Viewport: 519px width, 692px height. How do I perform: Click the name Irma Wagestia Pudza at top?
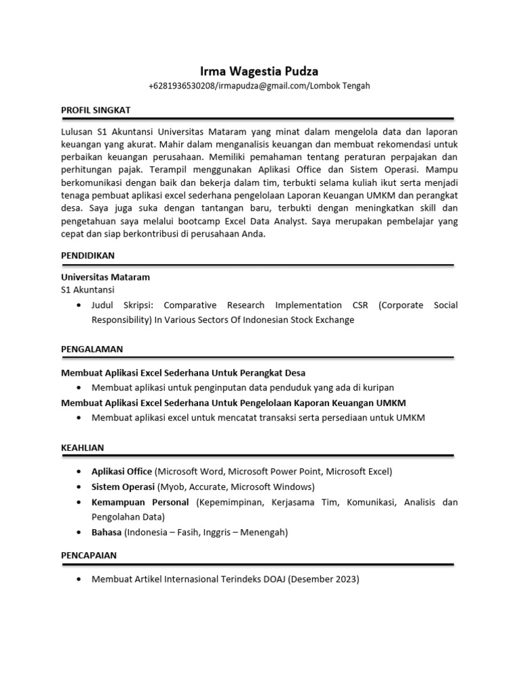pyautogui.click(x=259, y=71)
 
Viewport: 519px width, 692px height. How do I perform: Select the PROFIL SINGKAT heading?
pyautogui.click(x=95, y=109)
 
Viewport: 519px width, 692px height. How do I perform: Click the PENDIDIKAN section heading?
pyautogui.click(x=88, y=255)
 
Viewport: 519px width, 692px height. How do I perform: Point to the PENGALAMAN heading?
pyautogui.click(x=92, y=349)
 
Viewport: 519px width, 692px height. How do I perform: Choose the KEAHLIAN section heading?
pyautogui.click(x=82, y=447)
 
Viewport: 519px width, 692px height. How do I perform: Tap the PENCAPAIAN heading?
pyautogui.click(x=89, y=555)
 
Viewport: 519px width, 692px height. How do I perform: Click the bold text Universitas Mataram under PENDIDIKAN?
pyautogui.click(x=105, y=277)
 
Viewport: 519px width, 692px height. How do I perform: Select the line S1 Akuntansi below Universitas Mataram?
pyautogui.click(x=88, y=290)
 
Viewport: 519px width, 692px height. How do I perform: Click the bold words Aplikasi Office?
pyautogui.click(x=122, y=472)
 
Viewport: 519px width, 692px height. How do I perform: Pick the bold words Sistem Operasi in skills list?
pyautogui.click(x=123, y=487)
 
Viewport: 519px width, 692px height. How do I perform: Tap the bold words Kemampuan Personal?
pyautogui.click(x=141, y=502)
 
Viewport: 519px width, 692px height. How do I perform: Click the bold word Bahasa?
pyautogui.click(x=106, y=533)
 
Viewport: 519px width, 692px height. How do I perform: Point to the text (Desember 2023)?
pyautogui.click(x=324, y=579)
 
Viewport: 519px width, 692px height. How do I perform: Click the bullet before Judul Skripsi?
pyautogui.click(x=81, y=305)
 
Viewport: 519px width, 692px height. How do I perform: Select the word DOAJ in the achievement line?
pyautogui.click(x=273, y=579)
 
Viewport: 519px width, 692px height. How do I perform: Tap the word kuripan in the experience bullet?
pyautogui.click(x=377, y=387)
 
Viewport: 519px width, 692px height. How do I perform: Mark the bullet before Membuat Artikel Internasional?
pyautogui.click(x=81, y=580)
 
